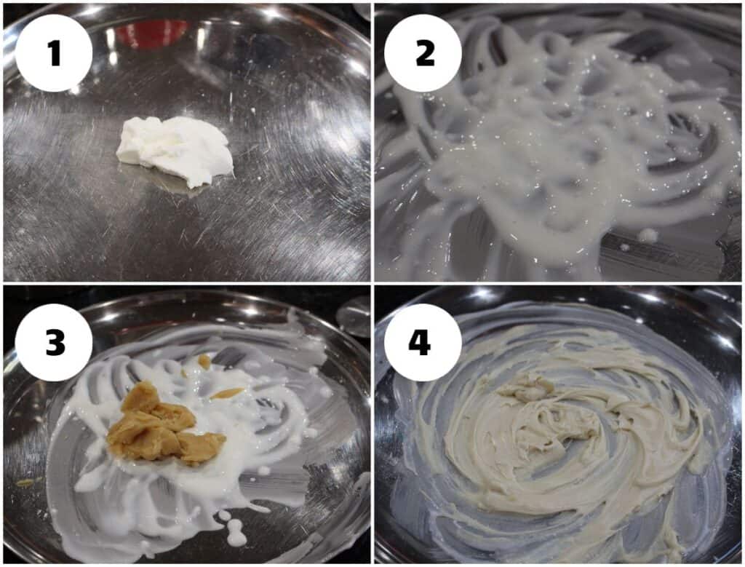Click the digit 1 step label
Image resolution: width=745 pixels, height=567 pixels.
tap(55, 52)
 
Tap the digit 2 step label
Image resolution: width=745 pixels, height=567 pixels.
tap(425, 52)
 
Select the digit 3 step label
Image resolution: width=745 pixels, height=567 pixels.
tap(55, 342)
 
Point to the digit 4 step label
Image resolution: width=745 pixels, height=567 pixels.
tap(420, 342)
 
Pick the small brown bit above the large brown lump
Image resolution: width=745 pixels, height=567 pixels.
tap(204, 362)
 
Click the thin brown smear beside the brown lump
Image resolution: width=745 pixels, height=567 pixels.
tap(227, 393)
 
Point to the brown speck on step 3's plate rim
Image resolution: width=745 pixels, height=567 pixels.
tap(25, 483)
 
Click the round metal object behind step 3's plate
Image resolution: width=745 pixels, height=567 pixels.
tap(354, 316)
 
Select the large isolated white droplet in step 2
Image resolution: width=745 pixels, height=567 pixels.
tap(648, 234)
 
